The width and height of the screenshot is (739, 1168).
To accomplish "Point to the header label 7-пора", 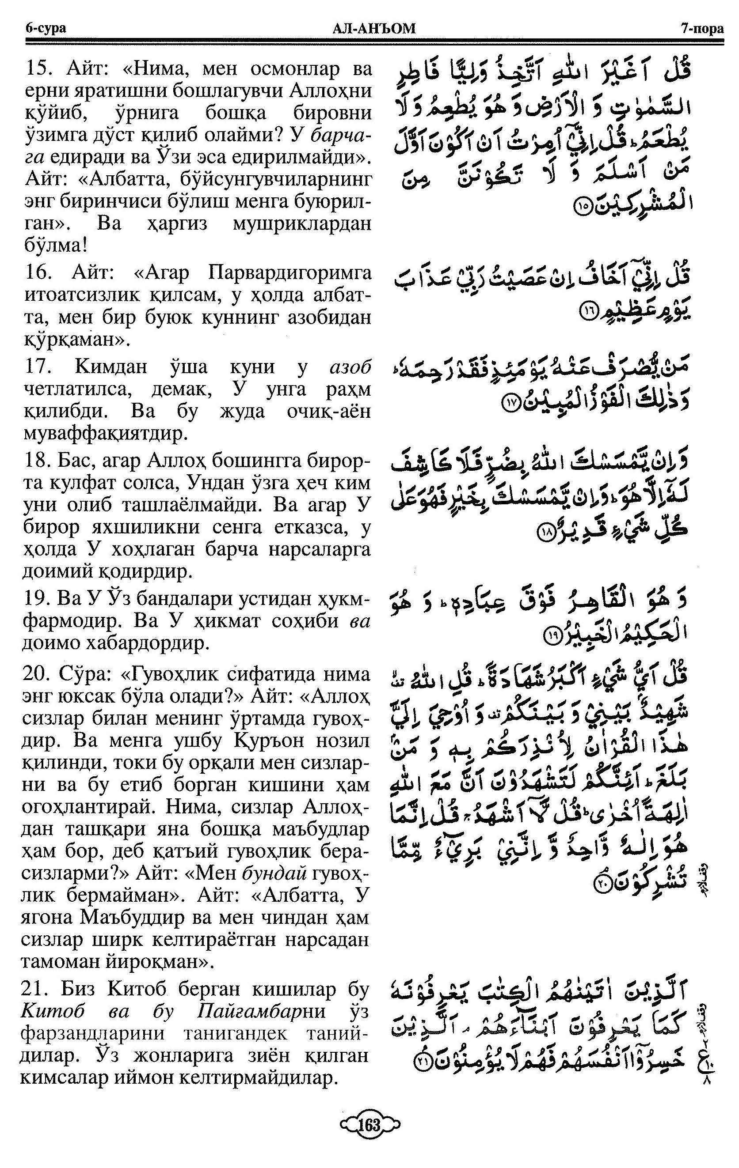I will (701, 29).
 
